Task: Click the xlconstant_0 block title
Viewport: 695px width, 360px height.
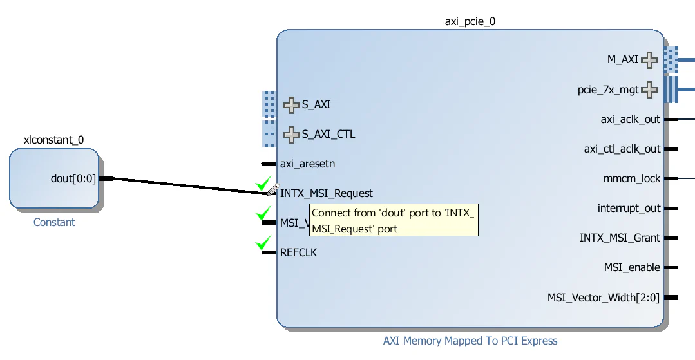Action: pyautogui.click(x=53, y=140)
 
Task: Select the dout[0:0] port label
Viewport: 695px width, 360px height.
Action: pyautogui.click(x=73, y=178)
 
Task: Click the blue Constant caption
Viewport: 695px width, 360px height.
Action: pyautogui.click(x=54, y=222)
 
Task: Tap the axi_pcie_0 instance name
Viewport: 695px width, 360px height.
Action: pyautogui.click(x=470, y=21)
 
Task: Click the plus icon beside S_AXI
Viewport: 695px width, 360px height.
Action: pyautogui.click(x=292, y=104)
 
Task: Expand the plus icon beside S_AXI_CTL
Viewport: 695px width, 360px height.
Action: pyautogui.click(x=292, y=135)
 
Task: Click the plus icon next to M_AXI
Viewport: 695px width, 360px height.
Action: pyautogui.click(x=649, y=60)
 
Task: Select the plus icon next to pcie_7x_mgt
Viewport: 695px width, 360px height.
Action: pyautogui.click(x=649, y=90)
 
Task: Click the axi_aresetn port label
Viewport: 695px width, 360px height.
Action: pyautogui.click(x=307, y=164)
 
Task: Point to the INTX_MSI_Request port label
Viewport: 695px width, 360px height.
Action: pyautogui.click(x=326, y=193)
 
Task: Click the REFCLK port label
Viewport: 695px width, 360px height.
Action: pyautogui.click(x=298, y=252)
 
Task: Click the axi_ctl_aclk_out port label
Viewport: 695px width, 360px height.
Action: pyautogui.click(x=622, y=149)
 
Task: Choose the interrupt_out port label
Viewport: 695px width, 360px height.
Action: pyautogui.click(x=629, y=208)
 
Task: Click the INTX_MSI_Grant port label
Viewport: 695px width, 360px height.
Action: pyautogui.click(x=620, y=238)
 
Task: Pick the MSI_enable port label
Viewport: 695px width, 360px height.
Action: pyautogui.click(x=632, y=267)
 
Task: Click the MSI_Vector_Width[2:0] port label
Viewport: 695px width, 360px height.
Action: pyautogui.click(x=604, y=298)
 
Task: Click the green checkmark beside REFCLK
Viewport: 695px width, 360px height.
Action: pyautogui.click(x=263, y=243)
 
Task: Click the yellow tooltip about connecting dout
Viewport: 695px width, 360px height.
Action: pyautogui.click(x=394, y=220)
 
